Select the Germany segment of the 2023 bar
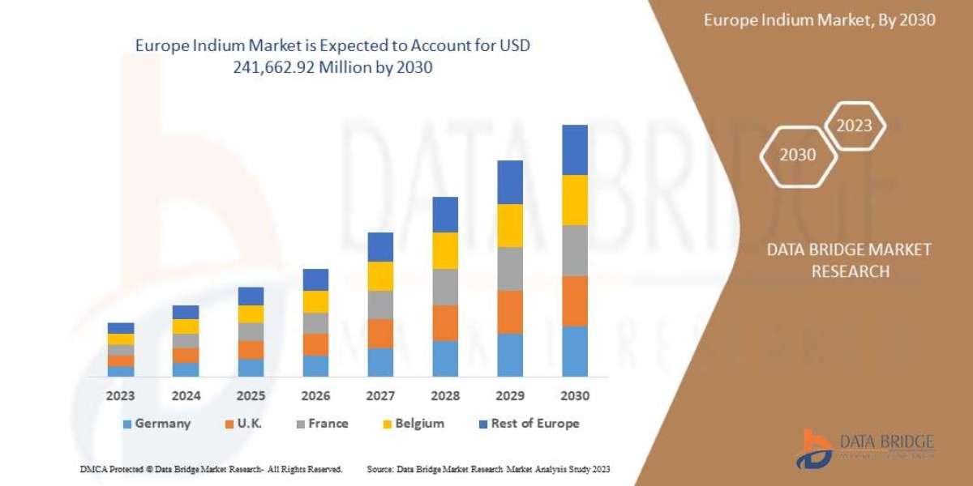pyautogui.click(x=121, y=371)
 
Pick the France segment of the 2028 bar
pyautogui.click(x=445, y=287)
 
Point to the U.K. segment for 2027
pyautogui.click(x=380, y=333)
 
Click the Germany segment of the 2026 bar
pyautogui.click(x=315, y=365)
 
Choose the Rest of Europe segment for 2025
pyautogui.click(x=251, y=296)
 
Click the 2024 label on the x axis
pyautogui.click(x=186, y=397)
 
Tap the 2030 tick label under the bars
pyautogui.click(x=575, y=397)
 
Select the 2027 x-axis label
pyautogui.click(x=380, y=397)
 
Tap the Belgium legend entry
pyautogui.click(x=413, y=424)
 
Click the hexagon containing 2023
pyautogui.click(x=854, y=126)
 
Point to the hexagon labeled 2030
pyautogui.click(x=798, y=155)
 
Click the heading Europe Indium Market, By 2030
pyautogui.click(x=819, y=20)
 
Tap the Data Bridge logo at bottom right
pyautogui.click(x=864, y=448)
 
